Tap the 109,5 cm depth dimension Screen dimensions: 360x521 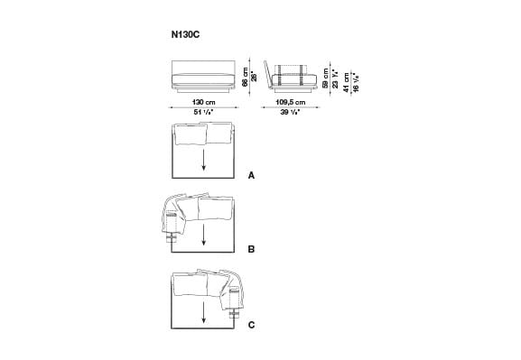click(x=289, y=103)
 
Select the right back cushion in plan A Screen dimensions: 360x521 click(x=219, y=134)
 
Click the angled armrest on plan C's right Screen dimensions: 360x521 click(x=237, y=289)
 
